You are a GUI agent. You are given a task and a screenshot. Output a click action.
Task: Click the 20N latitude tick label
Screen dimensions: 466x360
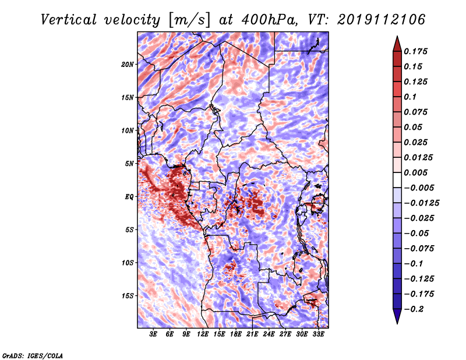tap(128, 65)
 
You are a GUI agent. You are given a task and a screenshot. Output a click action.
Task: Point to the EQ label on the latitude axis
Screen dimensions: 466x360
tap(129, 197)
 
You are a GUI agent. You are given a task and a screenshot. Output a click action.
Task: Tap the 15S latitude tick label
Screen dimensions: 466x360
tap(128, 296)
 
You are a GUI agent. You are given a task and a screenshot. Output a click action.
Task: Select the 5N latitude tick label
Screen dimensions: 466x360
tap(129, 164)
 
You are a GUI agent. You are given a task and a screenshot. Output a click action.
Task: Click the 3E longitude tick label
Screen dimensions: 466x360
tap(153, 334)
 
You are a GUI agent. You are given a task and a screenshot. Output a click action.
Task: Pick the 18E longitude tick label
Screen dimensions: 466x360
tap(236, 334)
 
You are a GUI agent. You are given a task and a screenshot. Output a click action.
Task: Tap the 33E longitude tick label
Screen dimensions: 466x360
tap(318, 334)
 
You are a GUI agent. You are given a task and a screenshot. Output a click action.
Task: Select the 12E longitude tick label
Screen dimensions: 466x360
tap(203, 334)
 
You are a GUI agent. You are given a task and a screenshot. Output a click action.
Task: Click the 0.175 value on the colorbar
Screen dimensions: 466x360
tap(415, 51)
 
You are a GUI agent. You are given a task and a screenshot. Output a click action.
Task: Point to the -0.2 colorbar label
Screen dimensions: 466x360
tap(414, 309)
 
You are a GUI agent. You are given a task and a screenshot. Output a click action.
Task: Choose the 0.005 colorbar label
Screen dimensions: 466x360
tap(415, 172)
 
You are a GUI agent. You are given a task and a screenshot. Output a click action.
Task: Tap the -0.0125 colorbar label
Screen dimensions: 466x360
tap(421, 203)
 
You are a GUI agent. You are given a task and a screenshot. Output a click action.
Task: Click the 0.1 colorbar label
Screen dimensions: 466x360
tap(410, 97)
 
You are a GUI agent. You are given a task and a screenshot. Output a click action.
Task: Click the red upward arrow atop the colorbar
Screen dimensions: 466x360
tap(397, 44)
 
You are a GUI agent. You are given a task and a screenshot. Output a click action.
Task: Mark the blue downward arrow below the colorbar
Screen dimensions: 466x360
tap(397, 316)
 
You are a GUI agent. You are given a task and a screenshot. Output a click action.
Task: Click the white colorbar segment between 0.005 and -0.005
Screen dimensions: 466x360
tap(397, 180)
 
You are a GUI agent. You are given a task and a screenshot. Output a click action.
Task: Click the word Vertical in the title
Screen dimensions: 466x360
tap(69, 20)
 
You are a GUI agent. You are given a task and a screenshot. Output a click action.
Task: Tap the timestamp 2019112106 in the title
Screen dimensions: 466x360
tap(382, 20)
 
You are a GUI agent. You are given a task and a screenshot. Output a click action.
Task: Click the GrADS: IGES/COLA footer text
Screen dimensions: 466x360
tap(33, 356)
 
